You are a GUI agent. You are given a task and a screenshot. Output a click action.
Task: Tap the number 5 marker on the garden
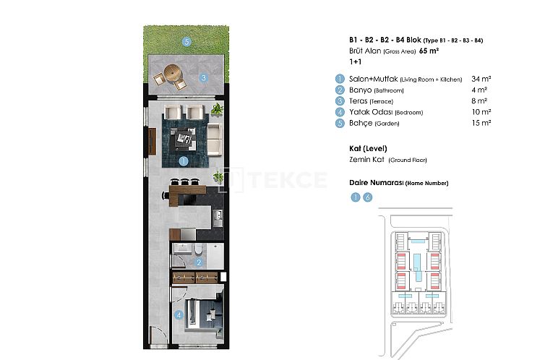[186, 42]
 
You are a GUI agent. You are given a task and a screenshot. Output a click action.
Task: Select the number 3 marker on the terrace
[204, 78]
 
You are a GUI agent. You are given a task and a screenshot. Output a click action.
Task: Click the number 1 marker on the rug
[184, 161]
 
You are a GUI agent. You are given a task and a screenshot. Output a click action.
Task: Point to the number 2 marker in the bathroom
[199, 262]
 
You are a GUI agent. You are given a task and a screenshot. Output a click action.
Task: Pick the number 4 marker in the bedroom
[179, 314]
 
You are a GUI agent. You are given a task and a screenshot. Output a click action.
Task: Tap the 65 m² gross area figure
[429, 51]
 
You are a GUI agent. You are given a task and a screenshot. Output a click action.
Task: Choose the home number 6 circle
[367, 197]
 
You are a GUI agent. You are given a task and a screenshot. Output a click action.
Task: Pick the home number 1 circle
[354, 197]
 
